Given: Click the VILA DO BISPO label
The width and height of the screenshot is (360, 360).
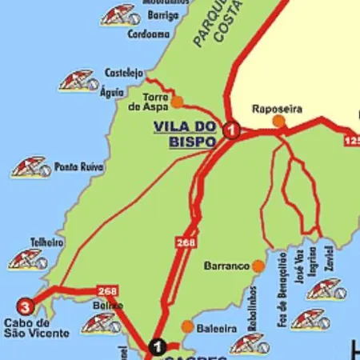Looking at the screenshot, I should (186, 134).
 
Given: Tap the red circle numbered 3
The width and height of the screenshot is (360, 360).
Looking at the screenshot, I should (26, 306).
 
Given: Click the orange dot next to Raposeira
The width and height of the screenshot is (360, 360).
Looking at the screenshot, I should (278, 122).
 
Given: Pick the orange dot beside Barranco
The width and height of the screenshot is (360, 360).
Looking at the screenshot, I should (258, 266).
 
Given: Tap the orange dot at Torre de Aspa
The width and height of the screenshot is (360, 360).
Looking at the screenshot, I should (177, 102).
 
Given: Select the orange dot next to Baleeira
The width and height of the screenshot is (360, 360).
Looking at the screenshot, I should (187, 326).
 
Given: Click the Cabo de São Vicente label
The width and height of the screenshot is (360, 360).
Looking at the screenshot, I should (37, 328).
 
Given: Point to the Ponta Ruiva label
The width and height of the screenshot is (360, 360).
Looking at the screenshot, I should (79, 168).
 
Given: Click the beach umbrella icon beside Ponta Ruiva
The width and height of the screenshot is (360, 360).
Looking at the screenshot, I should (30, 167).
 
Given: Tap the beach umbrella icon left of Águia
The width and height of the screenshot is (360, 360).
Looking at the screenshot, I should (78, 81).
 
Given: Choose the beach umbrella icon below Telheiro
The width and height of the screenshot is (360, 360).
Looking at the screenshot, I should (28, 259).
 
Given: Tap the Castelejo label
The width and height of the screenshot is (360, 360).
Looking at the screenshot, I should (124, 72).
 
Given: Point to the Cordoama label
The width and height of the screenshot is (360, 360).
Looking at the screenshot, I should (148, 34).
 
